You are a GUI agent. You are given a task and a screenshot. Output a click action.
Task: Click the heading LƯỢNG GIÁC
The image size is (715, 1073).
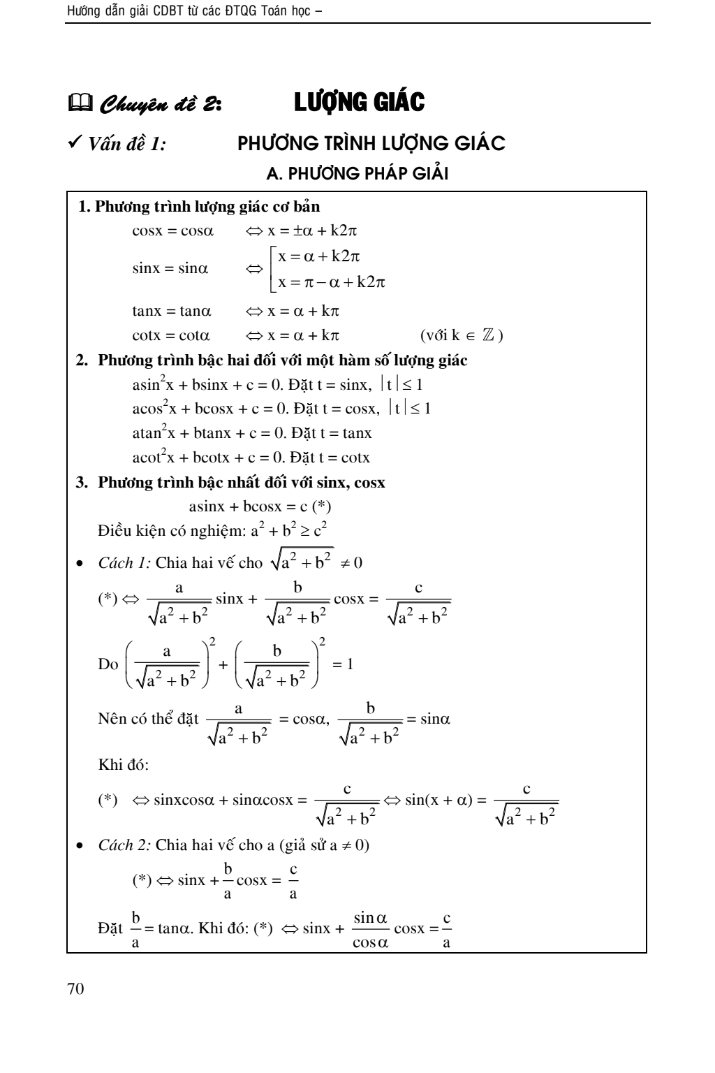pyautogui.click(x=359, y=103)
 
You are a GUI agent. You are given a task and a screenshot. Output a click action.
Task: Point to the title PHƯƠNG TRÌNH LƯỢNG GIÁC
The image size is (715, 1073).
pyautogui.click(x=371, y=144)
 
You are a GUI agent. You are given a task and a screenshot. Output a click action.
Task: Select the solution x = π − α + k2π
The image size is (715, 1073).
pyautogui.click(x=332, y=282)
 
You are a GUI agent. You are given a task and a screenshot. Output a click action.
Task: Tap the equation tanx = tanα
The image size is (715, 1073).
pyautogui.click(x=172, y=311)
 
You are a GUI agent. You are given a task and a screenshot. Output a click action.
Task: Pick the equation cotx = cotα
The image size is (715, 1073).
pyautogui.click(x=171, y=335)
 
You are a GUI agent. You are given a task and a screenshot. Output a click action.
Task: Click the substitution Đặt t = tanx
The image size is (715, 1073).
pyautogui.click(x=330, y=433)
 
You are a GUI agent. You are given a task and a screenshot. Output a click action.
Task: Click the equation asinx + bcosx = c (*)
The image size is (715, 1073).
pyautogui.click(x=260, y=506)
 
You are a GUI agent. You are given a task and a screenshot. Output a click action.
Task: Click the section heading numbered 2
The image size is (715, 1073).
pyautogui.click(x=272, y=360)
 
